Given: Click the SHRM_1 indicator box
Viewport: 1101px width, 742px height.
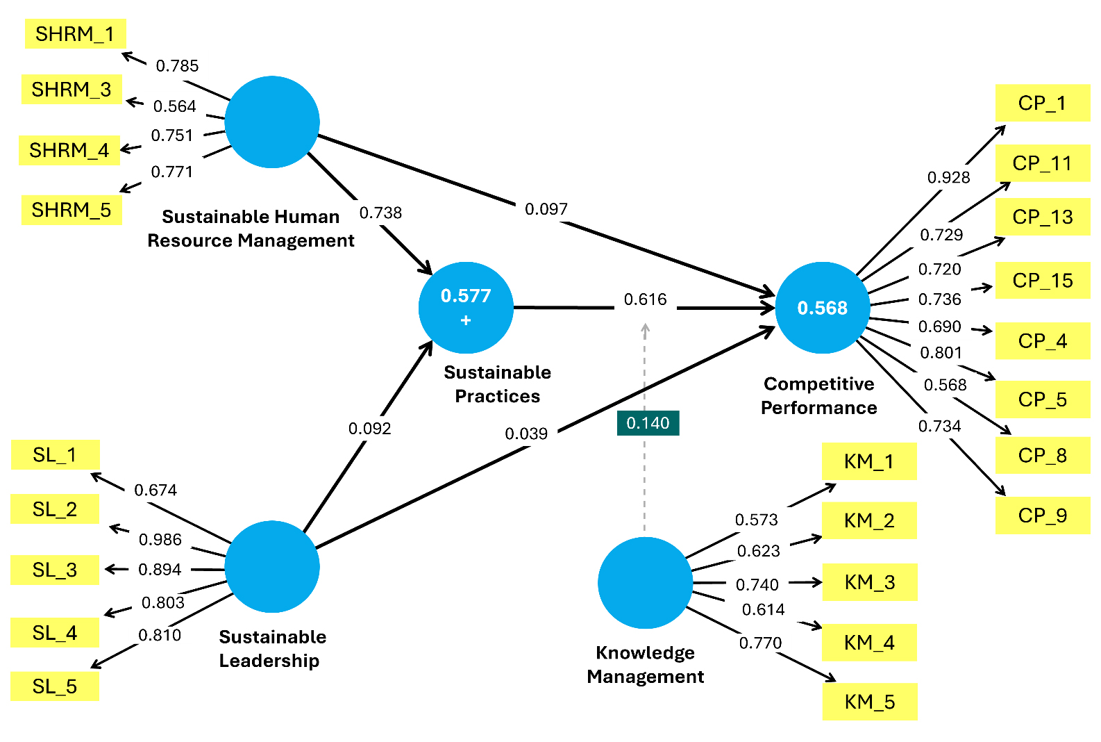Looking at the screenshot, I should [75, 34].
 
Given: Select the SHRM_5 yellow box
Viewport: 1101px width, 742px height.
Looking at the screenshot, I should [72, 210].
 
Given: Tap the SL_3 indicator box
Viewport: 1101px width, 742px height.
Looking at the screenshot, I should [55, 570].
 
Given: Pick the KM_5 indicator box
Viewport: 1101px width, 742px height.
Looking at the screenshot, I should [869, 702].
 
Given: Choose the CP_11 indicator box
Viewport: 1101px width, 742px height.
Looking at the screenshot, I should [1042, 163].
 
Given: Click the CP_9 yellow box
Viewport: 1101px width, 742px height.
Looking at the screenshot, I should [1042, 516].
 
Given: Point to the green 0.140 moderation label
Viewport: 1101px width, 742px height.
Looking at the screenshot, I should [648, 423].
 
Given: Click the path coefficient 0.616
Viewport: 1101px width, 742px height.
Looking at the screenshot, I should [645, 299].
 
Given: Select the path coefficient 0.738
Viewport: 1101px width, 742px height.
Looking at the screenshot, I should [380, 213].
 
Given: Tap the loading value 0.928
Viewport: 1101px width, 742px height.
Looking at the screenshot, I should [948, 178].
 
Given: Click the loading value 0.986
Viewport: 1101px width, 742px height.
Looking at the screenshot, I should [160, 540].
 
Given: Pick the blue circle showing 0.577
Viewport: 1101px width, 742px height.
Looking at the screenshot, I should [466, 307].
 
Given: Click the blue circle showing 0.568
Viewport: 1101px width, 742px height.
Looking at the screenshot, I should [822, 308].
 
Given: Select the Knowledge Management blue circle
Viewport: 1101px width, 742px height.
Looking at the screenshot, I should [645, 582].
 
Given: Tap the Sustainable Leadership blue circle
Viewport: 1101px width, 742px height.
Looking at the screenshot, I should [272, 566].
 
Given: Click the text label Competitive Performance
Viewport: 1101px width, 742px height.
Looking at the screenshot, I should [819, 396].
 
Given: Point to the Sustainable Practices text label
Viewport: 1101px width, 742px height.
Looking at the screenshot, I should [497, 384].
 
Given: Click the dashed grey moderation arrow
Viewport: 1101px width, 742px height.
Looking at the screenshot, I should [645, 486].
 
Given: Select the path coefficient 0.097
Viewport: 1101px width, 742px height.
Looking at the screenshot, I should [546, 209].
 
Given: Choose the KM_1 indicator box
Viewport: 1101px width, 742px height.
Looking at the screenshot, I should [869, 461].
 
